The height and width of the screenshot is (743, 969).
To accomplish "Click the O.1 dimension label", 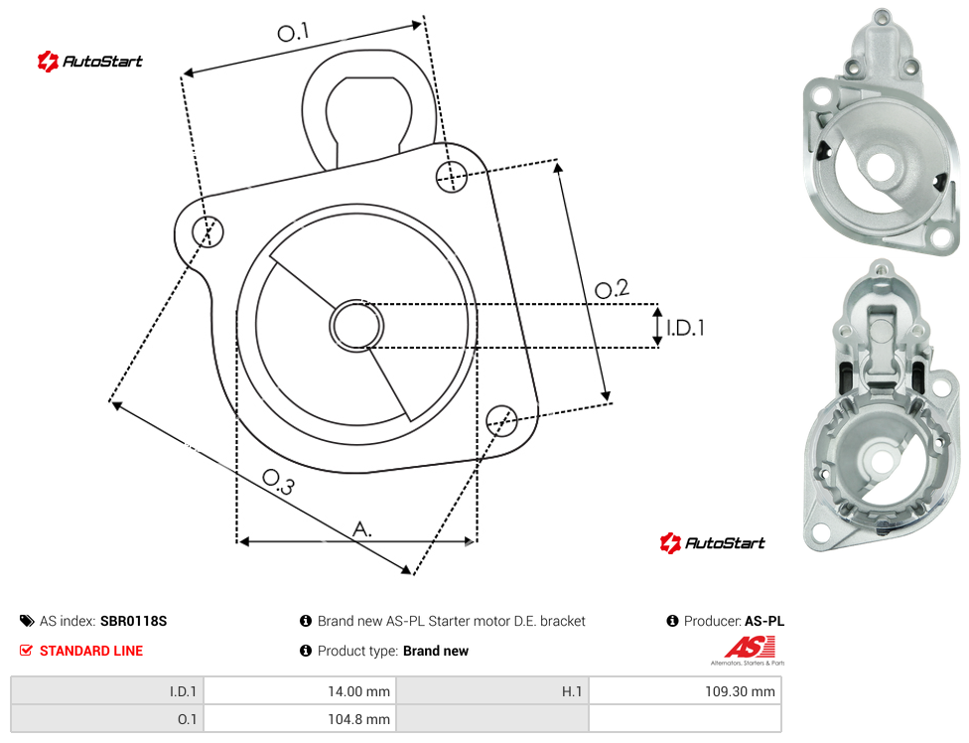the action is [x=292, y=32].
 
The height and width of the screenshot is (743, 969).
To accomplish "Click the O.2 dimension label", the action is [x=612, y=289].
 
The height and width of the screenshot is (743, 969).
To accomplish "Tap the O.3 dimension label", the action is [x=278, y=482].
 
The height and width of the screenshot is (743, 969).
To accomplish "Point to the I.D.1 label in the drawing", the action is [x=685, y=328].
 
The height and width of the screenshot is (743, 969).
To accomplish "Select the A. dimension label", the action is [x=362, y=529].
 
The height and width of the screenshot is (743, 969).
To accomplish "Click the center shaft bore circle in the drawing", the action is [x=356, y=326].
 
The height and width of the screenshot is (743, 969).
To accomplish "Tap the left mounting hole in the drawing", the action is [x=208, y=231].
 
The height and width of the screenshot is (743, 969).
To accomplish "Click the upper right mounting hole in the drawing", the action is [x=452, y=176].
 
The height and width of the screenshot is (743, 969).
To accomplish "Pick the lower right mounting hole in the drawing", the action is [x=501, y=420].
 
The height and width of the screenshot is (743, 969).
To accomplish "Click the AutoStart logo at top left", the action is [x=89, y=62].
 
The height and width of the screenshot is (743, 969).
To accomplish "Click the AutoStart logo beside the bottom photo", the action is [x=712, y=542].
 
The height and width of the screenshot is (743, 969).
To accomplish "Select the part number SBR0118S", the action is [x=133, y=621].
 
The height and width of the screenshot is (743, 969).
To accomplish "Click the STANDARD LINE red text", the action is [x=91, y=651].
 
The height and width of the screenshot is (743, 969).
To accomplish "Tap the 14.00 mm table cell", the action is [x=300, y=691].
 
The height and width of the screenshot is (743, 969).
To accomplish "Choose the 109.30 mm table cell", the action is [x=685, y=691].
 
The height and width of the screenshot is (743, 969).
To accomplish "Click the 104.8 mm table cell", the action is [x=300, y=719].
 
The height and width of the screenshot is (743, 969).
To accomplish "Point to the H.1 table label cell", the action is [x=491, y=691].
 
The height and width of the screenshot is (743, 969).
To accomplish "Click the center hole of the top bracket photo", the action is [x=882, y=167].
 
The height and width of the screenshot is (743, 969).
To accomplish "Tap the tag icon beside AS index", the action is [x=27, y=621].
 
